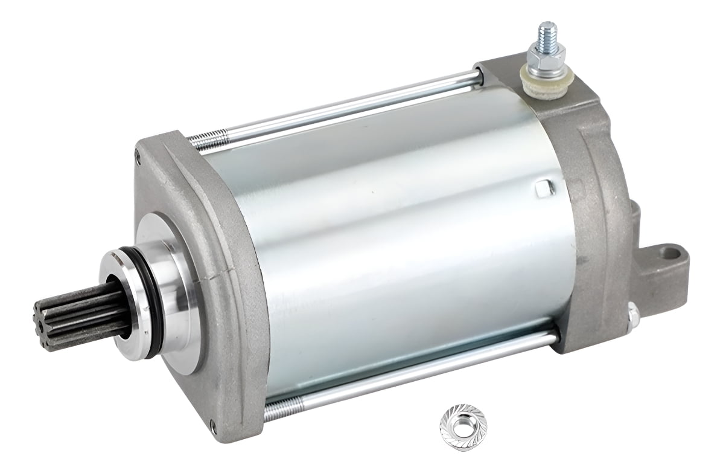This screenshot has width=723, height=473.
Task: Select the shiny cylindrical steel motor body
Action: tap(386, 242)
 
